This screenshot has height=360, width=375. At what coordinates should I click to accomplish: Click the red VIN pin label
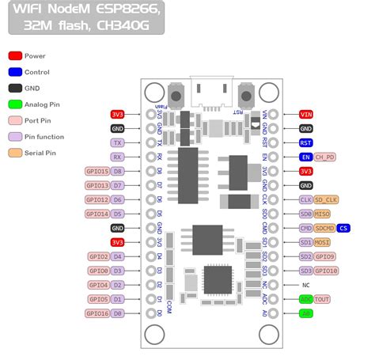click(305, 114)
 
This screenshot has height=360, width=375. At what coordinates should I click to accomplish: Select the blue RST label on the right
click(305, 142)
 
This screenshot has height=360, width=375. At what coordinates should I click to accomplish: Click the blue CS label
click(343, 228)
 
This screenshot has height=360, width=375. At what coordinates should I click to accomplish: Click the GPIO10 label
click(327, 271)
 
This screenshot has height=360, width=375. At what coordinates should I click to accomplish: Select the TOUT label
click(323, 299)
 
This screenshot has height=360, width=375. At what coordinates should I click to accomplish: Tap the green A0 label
click(305, 313)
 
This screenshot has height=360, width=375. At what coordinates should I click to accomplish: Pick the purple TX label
click(117, 142)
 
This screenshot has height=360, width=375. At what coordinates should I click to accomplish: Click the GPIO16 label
click(97, 313)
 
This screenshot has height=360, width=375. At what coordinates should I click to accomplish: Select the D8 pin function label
click(117, 171)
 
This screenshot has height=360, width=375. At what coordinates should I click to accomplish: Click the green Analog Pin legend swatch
click(15, 104)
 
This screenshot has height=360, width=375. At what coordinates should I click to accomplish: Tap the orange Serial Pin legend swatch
click(15, 153)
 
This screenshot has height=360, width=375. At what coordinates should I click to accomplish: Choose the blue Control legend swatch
click(15, 72)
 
